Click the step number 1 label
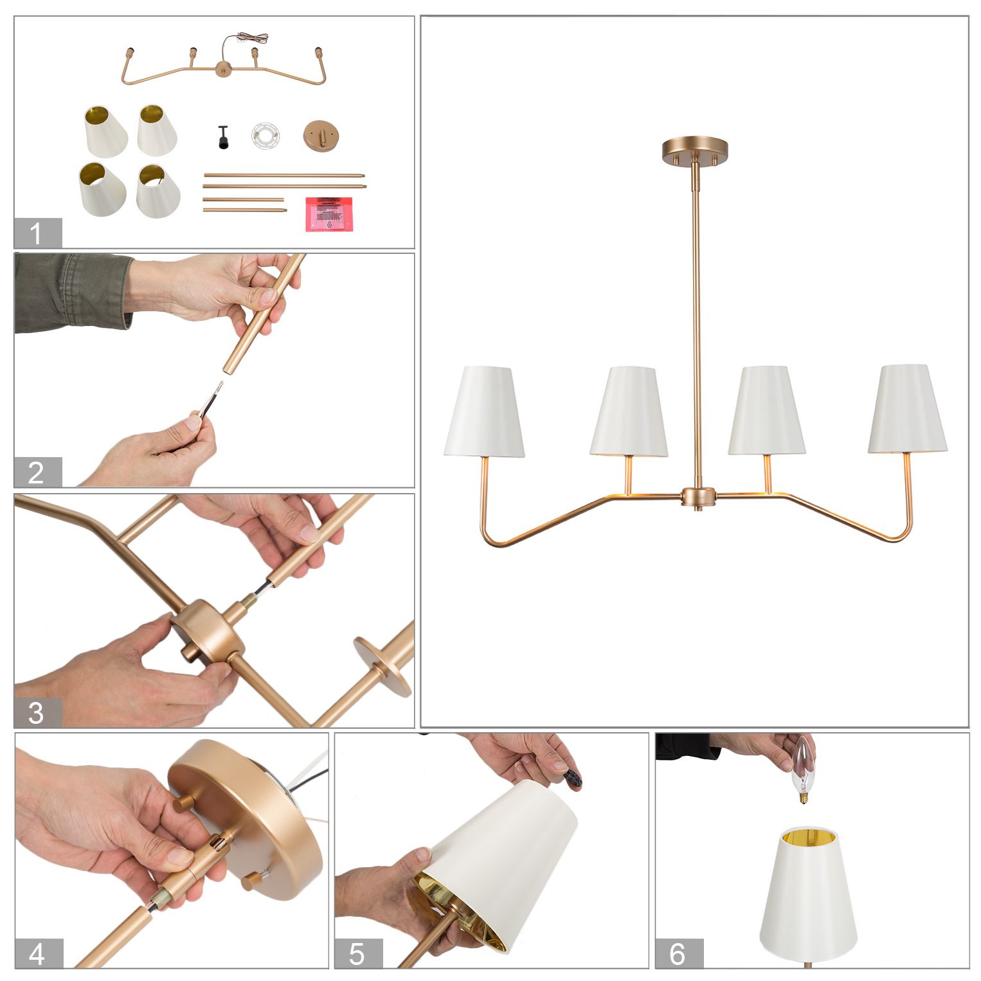pos(37,233)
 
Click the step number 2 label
pos(37,473)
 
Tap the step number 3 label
pos(37,713)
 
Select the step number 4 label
pos(39,953)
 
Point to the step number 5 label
pos(358,953)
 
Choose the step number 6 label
pos(678,953)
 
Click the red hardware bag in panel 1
pos(330,213)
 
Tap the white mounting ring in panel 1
pos(265,136)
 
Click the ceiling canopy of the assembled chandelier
pos(695,149)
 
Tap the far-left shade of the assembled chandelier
pos(484,411)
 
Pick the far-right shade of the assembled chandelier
pos(907,410)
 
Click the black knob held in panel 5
pos(572,779)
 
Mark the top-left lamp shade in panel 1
pos(105,131)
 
